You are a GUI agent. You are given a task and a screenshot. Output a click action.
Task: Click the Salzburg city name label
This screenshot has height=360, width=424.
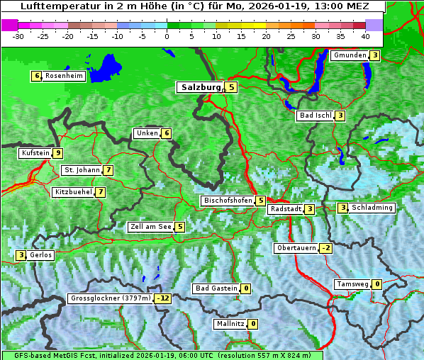click(x=199, y=87)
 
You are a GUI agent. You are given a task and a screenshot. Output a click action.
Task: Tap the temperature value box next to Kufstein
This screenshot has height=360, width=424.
click(x=58, y=153)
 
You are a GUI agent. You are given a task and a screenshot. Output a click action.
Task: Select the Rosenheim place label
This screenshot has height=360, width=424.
click(x=64, y=76)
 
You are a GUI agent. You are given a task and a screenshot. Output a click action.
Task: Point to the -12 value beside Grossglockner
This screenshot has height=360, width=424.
click(x=164, y=298)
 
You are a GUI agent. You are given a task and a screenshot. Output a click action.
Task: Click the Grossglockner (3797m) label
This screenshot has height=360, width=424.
click(x=111, y=298)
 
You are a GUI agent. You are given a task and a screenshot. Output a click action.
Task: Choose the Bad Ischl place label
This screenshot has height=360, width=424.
click(x=315, y=116)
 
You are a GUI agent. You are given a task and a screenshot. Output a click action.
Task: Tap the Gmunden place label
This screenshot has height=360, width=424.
click(x=350, y=55)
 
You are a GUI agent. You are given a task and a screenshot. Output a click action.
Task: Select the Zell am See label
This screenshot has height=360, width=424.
click(x=150, y=227)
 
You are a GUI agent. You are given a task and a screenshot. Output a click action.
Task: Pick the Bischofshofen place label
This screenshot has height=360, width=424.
click(x=228, y=201)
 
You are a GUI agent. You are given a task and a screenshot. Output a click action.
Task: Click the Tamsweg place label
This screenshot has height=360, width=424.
click(x=352, y=284)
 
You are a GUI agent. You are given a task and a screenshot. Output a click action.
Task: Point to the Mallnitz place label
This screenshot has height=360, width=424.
click(x=230, y=324)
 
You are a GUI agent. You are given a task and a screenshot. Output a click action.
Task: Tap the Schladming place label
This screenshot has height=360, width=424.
click(x=372, y=208)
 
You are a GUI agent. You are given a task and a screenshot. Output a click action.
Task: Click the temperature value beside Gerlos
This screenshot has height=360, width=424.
click(x=21, y=255)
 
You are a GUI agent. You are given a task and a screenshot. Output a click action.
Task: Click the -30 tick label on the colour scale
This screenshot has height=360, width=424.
click(x=18, y=36)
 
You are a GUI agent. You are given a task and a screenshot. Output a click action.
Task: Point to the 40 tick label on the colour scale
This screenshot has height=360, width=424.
click(x=365, y=36)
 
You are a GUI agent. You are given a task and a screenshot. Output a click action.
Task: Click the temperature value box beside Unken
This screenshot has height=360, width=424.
click(x=166, y=133)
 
